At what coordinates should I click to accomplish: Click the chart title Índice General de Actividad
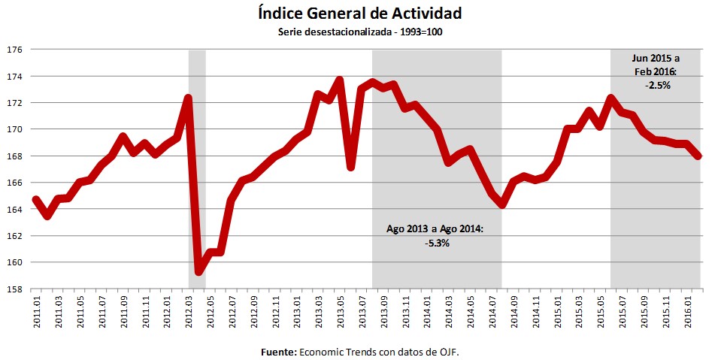pos(359,13)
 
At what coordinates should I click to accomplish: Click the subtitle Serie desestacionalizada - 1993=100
pos(359,33)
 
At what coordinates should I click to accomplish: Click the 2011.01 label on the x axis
pos(36,311)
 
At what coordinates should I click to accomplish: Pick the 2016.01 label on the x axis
pos(689,311)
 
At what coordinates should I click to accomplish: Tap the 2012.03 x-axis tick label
pos(188,311)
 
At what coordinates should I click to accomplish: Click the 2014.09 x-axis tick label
pos(514,311)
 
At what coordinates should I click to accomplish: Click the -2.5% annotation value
pos(656,85)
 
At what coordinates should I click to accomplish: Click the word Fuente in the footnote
pos(278,351)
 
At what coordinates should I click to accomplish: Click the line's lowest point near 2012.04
pos(199,271)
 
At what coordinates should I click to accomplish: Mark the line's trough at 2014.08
pos(503,205)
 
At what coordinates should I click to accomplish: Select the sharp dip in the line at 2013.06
pos(351,167)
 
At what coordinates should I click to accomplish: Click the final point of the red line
pos(699,156)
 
